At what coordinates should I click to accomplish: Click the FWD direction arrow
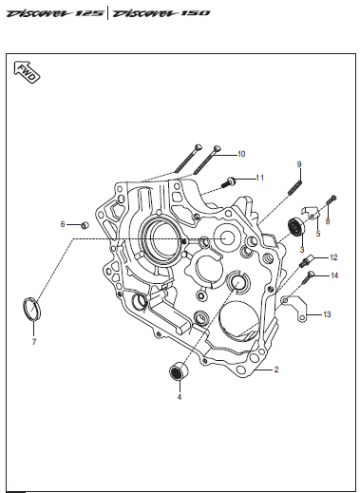tap(28, 72)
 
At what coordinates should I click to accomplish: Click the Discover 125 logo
tap(55, 13)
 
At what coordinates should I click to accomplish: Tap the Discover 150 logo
tap(161, 13)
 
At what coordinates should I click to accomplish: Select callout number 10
tap(241, 154)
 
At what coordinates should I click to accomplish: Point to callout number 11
tap(259, 178)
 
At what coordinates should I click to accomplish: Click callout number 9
tap(299, 164)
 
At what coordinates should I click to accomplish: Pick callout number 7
tap(34, 342)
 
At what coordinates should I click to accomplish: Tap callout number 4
tap(180, 397)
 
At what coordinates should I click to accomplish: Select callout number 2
tap(276, 370)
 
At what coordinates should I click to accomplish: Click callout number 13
tap(327, 314)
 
